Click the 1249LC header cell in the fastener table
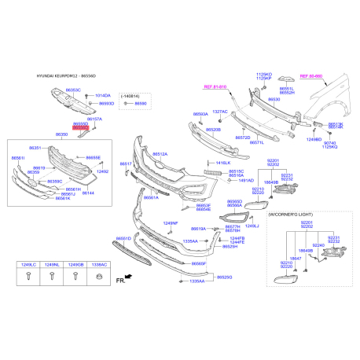tap(28, 266)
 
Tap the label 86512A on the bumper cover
tap(160, 154)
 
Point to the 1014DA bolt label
tap(103, 94)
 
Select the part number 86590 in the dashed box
tap(141, 103)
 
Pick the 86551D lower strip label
tap(124, 237)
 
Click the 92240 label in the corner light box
tap(318, 245)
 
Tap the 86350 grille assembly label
tap(62, 134)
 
